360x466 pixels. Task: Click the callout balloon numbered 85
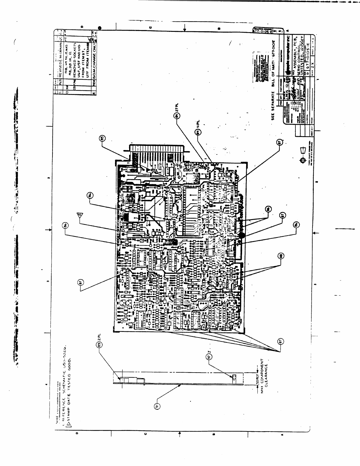102,138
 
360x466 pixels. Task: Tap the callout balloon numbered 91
157,406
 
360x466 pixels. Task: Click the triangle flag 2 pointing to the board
78,215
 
